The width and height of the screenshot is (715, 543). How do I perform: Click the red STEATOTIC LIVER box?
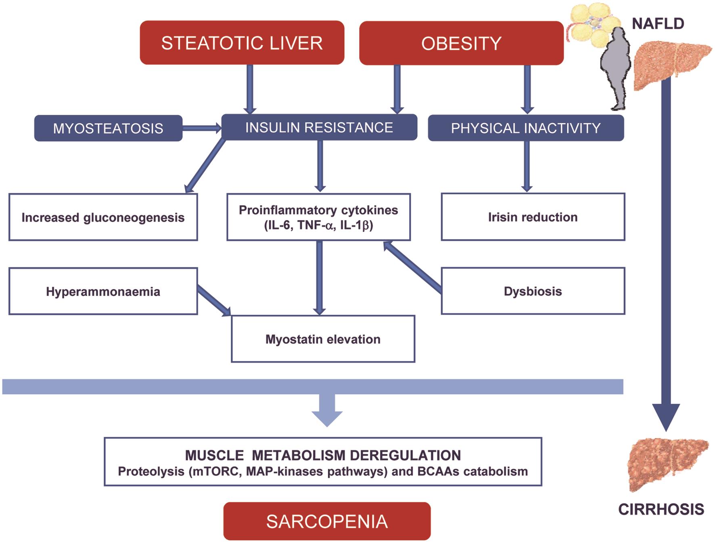[x=242, y=43]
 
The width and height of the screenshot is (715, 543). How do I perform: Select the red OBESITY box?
[x=461, y=43]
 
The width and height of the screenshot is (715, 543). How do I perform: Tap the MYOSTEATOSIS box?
[x=108, y=128]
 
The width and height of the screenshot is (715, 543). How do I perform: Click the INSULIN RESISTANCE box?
[x=319, y=127]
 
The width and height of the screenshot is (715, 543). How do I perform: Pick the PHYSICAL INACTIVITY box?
[x=525, y=128]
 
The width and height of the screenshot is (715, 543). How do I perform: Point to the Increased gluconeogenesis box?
[x=103, y=217]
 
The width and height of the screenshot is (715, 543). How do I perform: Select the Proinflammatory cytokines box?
[x=318, y=217]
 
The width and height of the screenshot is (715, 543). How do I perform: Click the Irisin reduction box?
[x=533, y=217]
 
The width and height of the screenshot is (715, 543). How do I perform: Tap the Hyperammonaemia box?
[x=103, y=291]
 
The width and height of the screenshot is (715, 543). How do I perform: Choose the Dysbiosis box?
[x=533, y=291]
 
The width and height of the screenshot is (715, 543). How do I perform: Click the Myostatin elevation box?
[x=323, y=339]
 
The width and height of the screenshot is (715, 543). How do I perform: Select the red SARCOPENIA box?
[x=327, y=521]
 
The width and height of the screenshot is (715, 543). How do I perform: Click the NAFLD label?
[x=658, y=24]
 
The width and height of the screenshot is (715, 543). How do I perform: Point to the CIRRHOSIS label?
[x=661, y=509]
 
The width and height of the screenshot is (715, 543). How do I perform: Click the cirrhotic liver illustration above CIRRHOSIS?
[x=668, y=464]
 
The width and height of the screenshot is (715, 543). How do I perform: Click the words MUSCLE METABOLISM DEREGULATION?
[x=323, y=455]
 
